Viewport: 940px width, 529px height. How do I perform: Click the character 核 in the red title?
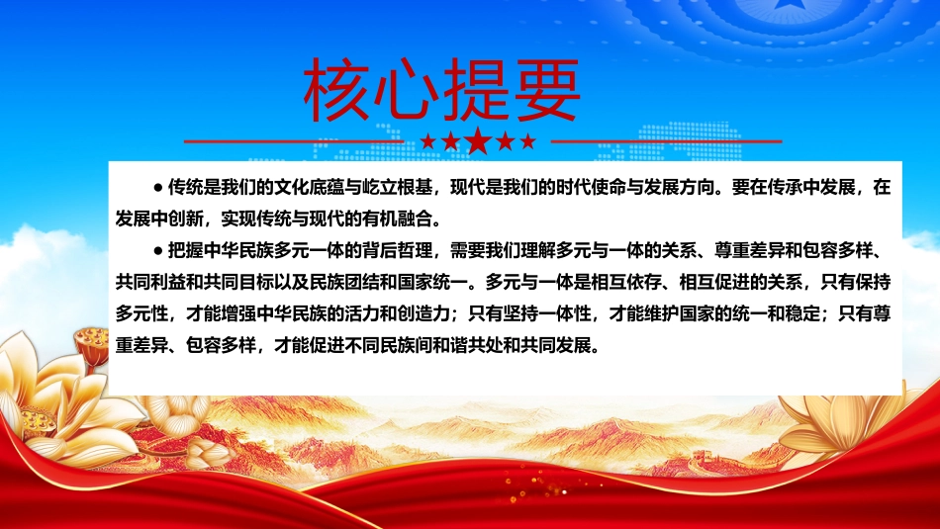(336, 90)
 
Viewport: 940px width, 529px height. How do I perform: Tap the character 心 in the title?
(407, 90)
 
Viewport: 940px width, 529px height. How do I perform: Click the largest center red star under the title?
(478, 140)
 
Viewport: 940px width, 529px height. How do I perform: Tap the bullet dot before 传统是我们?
(158, 188)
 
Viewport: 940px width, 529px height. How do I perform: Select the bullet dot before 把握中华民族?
(158, 251)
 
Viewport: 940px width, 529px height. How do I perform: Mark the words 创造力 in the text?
(423, 313)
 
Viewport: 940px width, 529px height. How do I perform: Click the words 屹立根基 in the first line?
(398, 188)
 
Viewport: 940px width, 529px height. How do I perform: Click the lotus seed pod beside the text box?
(92, 344)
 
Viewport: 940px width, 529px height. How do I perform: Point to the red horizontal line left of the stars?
(294, 141)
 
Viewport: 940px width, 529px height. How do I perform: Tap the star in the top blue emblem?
(784, 5)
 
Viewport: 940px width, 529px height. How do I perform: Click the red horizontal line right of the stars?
(666, 141)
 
